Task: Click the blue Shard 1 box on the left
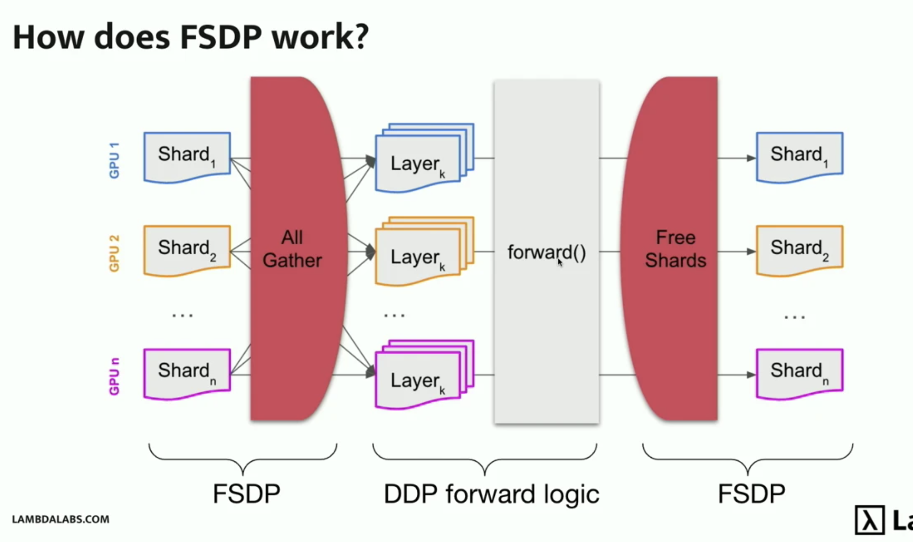pyautogui.click(x=187, y=157)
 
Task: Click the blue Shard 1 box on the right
pyautogui.click(x=799, y=157)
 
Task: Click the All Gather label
pyautogui.click(x=292, y=249)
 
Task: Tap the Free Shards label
pyautogui.click(x=675, y=249)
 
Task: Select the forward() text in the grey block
pyautogui.click(x=546, y=252)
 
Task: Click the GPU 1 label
pyautogui.click(x=114, y=160)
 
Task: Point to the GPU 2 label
pyautogui.click(x=114, y=253)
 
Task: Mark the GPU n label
pyautogui.click(x=114, y=376)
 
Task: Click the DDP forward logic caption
pyautogui.click(x=491, y=494)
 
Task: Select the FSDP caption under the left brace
pyautogui.click(x=246, y=494)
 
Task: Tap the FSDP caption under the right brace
pyautogui.click(x=751, y=494)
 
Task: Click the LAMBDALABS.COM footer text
pyautogui.click(x=60, y=519)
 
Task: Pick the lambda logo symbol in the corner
pyautogui.click(x=870, y=520)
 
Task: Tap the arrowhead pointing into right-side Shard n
pyautogui.click(x=751, y=375)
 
